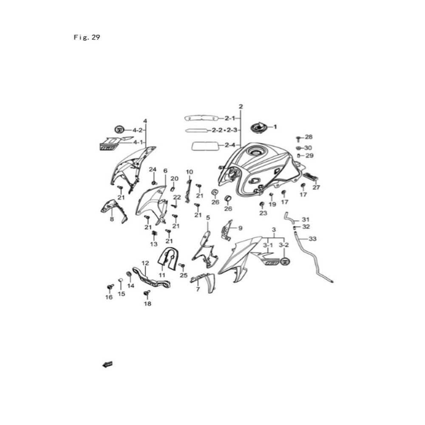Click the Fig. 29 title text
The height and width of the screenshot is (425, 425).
87,37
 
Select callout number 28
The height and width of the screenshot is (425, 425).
309,137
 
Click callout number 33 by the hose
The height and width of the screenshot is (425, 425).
312,239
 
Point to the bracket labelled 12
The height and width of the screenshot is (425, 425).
151,278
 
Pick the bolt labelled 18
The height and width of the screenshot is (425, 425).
148,293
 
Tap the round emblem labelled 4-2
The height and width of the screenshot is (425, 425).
119,130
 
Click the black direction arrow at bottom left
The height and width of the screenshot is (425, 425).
107,364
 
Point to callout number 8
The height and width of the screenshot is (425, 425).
112,219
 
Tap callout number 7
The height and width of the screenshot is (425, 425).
198,289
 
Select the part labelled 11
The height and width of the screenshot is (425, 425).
168,259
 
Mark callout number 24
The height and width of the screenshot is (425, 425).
153,170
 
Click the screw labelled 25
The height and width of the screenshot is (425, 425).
182,266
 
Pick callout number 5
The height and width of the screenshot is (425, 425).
208,218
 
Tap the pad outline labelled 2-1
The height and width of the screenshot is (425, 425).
202,118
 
